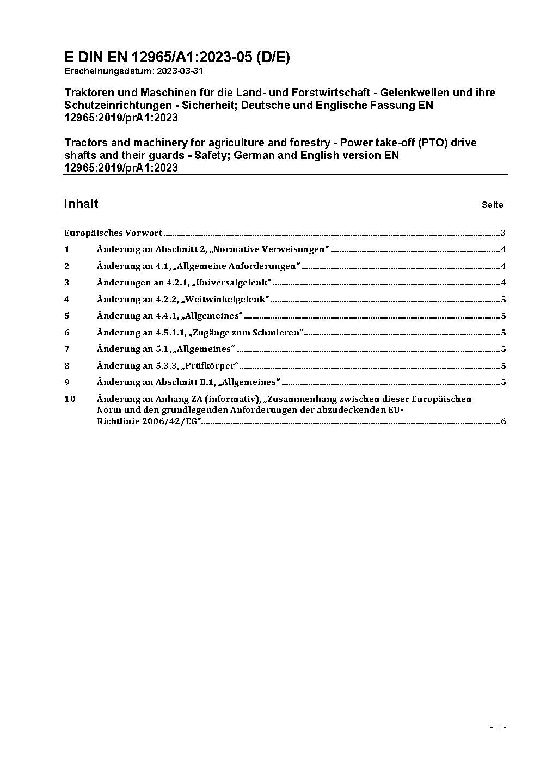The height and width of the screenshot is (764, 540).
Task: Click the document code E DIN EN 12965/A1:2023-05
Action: pos(177,58)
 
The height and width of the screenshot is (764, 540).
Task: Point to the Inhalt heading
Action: pos(81,204)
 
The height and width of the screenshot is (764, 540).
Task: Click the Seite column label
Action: pos(492,205)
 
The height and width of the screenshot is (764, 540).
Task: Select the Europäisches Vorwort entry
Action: pos(113,233)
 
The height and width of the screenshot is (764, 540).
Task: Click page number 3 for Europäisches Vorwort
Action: pos(503,233)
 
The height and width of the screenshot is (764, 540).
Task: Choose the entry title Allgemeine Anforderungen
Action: pos(262,266)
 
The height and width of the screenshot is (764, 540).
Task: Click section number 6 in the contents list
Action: pos(67,332)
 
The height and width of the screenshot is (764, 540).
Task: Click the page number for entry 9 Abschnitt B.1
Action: pos(504,382)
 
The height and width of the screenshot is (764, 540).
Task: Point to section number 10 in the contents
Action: pos(70,399)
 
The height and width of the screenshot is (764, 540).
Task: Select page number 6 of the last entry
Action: pos(504,421)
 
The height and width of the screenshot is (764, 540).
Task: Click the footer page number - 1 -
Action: pos(498,726)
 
